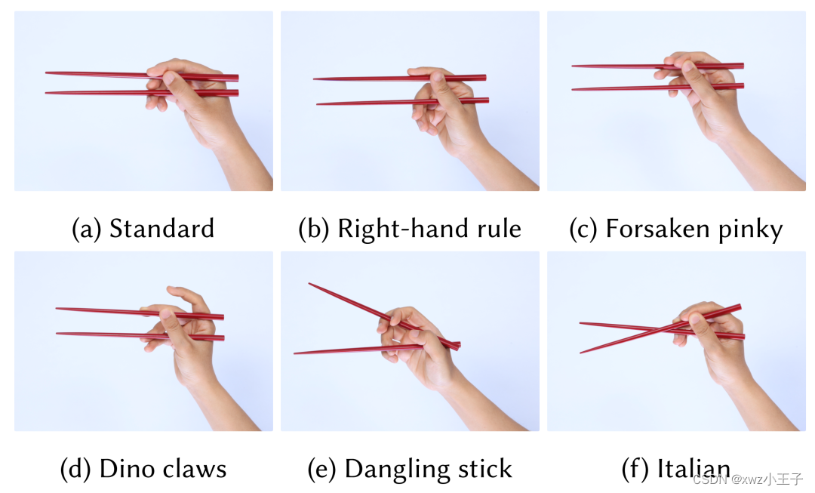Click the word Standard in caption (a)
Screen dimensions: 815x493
[161, 228]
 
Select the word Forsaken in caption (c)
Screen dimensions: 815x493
[658, 228]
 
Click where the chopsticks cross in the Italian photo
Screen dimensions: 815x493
[666, 329]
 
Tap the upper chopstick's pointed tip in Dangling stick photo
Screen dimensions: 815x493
[309, 283]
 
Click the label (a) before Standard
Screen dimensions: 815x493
[87, 230]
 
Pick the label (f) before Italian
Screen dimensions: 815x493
[635, 469]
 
